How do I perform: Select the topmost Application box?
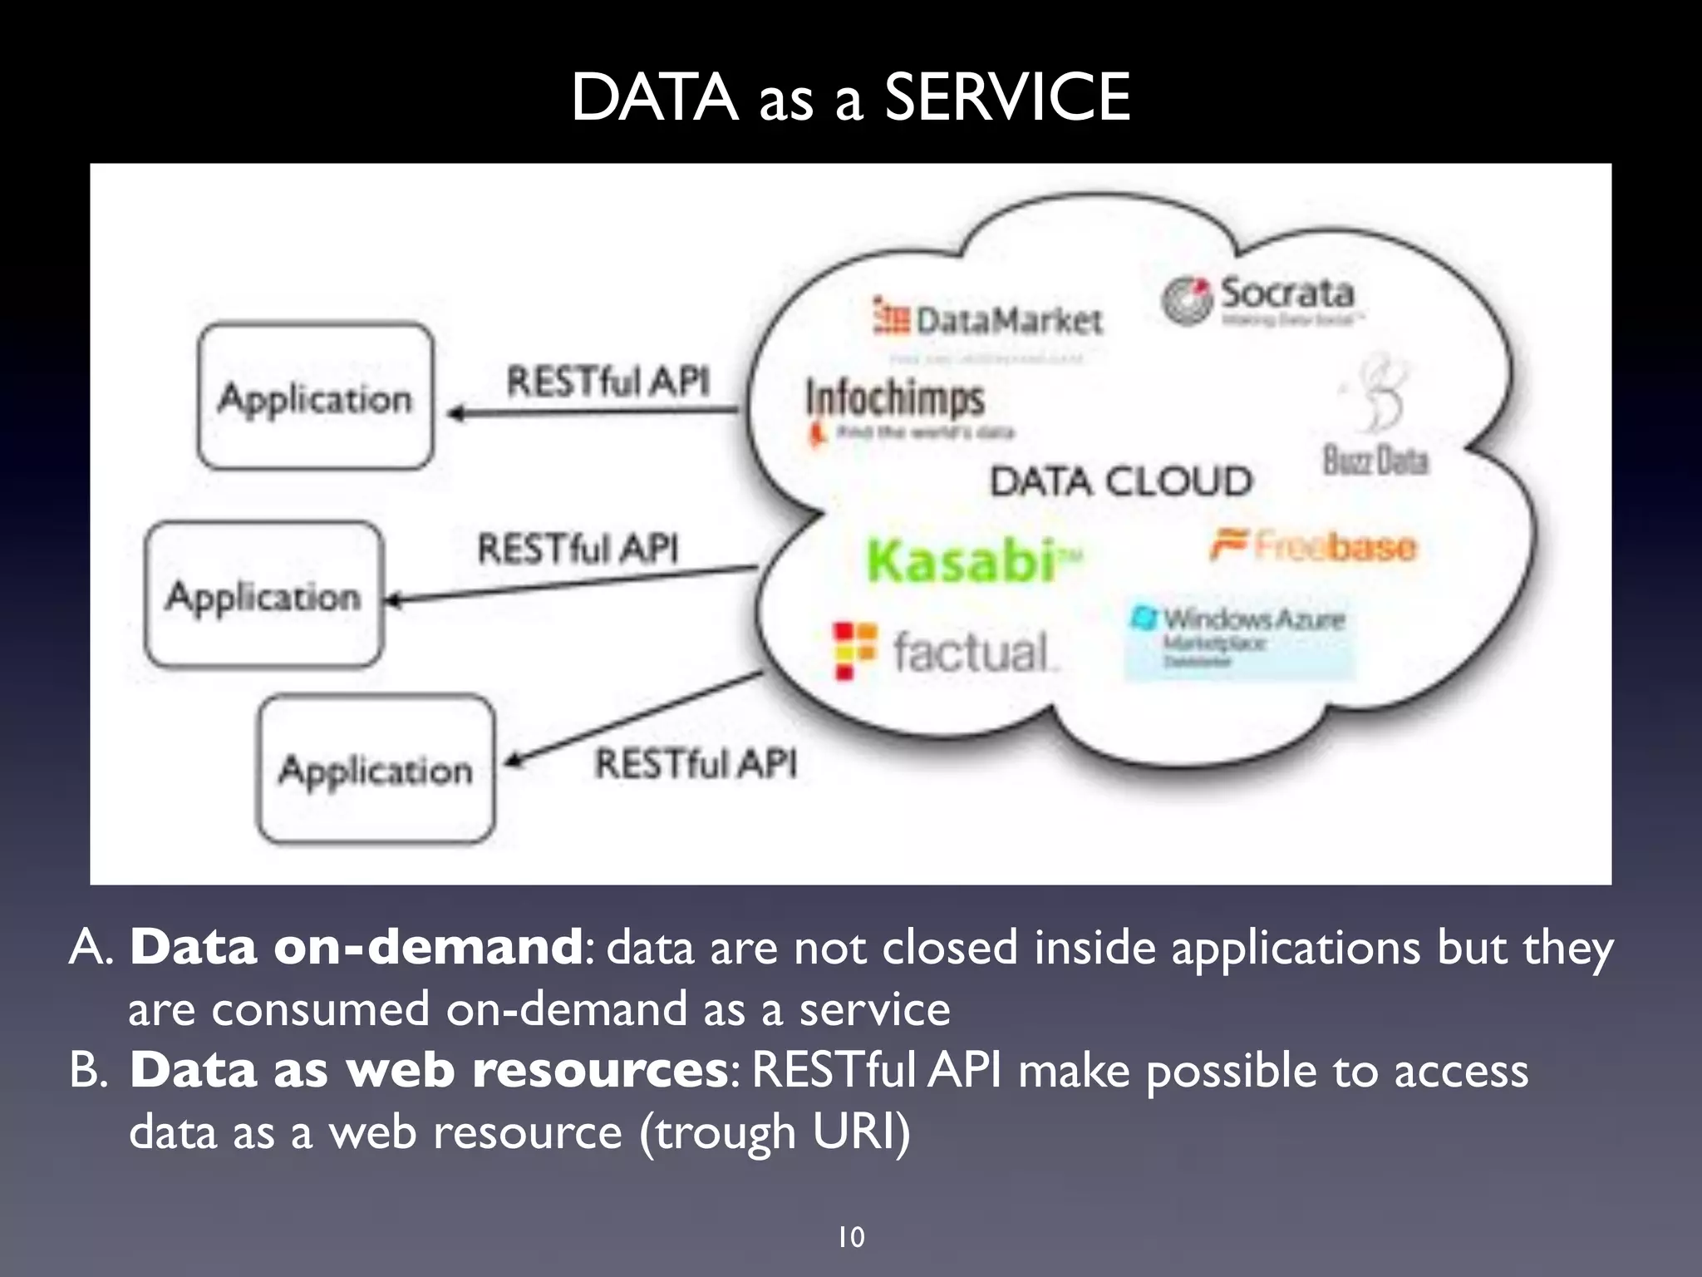click(315, 397)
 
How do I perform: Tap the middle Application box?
click(263, 595)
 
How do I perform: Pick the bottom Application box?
click(376, 769)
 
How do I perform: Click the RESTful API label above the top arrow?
click(608, 382)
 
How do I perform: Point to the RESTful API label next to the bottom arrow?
click(696, 763)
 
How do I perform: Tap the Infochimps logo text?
click(895, 398)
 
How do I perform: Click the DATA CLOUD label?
click(1120, 481)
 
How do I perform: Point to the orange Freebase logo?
click(1313, 546)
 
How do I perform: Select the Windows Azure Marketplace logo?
click(1238, 637)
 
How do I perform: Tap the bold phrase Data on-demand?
click(356, 947)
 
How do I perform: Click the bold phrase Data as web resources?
click(429, 1070)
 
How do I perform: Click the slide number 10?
click(851, 1237)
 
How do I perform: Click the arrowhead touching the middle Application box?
click(394, 599)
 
